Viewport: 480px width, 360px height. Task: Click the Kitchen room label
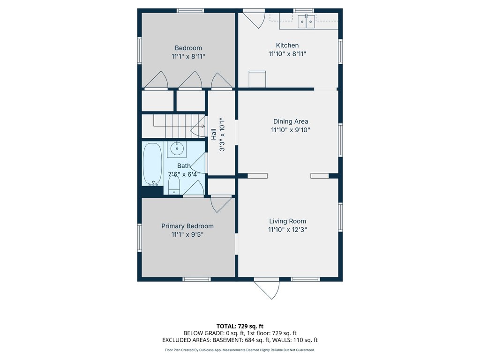pos(287,45)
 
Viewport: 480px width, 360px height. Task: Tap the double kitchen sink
pos(307,22)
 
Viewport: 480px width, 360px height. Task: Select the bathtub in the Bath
pos(152,164)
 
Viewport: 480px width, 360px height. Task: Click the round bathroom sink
pos(177,149)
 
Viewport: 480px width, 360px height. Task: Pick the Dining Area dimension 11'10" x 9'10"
pos(291,130)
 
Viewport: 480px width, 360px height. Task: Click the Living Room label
pos(287,221)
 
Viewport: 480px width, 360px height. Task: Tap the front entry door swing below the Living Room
pos(267,289)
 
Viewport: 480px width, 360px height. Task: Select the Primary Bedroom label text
pos(187,226)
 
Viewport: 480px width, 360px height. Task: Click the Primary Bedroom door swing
pos(221,204)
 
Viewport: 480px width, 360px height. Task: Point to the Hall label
pos(214,134)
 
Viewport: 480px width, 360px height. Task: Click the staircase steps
pos(173,126)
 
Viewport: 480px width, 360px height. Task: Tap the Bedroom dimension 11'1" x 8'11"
pos(188,56)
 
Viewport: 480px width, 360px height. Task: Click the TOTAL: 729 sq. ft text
pos(240,326)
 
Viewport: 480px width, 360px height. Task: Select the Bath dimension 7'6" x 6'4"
pos(184,174)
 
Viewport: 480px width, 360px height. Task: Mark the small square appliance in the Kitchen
pos(257,79)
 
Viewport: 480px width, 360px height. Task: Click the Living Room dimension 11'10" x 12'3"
pos(287,230)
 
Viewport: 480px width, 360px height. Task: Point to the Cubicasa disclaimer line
pos(240,350)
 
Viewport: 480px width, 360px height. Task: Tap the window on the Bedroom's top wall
pos(190,11)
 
